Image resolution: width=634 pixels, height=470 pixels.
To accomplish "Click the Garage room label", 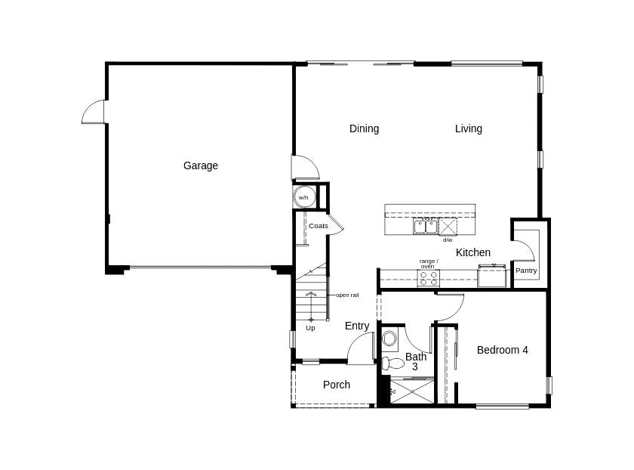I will coord(200,165).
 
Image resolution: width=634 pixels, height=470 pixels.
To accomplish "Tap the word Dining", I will coord(364,128).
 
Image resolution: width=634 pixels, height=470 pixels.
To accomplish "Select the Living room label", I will coord(468,128).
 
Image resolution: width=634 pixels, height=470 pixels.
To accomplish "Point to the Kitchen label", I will coord(473,252).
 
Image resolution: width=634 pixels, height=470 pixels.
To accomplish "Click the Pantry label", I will coord(526,271).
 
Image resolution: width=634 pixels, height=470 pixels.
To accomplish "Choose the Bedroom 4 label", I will coord(502,350).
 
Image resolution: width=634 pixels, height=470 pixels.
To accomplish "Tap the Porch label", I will coord(336,385).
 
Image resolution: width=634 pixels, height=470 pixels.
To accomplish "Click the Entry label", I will coord(357,326).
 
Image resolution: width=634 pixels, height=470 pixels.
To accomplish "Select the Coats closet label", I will coord(318,226).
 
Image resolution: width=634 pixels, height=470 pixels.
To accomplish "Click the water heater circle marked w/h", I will coord(304,197).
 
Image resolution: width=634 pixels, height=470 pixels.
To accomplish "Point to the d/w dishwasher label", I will coord(448,240).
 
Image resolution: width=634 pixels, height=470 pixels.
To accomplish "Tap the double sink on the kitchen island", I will coord(425,226).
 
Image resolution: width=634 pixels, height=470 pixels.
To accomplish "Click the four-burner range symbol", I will coord(428,278).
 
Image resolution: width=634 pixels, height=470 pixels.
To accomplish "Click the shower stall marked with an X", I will coord(412,391).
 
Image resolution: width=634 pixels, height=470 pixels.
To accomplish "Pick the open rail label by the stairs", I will coord(347,295).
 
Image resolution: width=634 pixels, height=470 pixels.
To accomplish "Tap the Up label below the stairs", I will coord(310,328).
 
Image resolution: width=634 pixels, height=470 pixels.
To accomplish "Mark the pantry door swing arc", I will coord(524,250).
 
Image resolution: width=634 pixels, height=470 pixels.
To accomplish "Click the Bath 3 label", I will coord(415,361).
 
